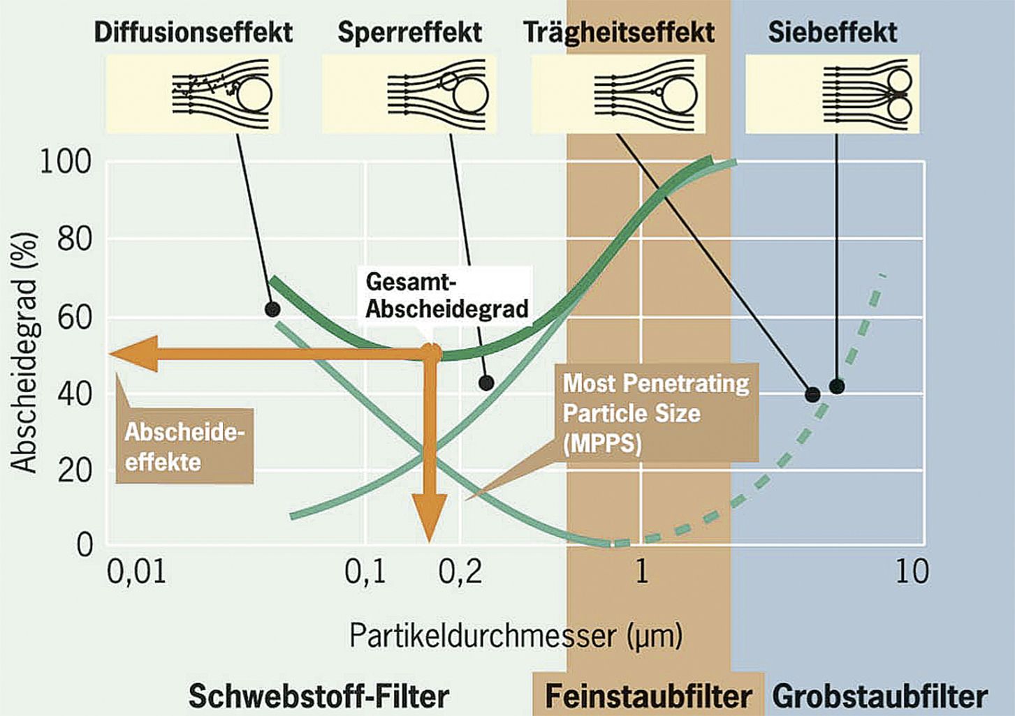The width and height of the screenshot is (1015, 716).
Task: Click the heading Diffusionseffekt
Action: tap(193, 33)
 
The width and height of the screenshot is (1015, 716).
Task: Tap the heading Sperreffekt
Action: tap(409, 33)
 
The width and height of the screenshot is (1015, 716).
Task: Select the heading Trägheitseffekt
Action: tap(619, 33)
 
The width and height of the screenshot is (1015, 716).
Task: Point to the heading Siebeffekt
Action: tap(833, 33)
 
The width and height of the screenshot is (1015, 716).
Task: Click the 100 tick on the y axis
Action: tap(66, 162)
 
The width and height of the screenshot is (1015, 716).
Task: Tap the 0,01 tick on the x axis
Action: tap(136, 572)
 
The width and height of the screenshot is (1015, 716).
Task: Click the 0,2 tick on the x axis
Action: tap(460, 572)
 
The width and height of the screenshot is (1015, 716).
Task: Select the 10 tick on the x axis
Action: tap(912, 572)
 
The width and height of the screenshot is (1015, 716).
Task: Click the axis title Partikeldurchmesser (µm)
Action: tap(516, 636)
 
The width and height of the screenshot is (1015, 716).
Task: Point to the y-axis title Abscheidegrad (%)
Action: tap(22, 353)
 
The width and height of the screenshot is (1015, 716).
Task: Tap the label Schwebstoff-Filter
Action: tap(319, 696)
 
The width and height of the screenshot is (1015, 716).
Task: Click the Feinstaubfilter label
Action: tap(648, 696)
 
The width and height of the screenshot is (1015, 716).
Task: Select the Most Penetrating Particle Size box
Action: tap(656, 412)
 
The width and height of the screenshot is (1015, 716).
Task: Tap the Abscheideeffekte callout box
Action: tap(184, 446)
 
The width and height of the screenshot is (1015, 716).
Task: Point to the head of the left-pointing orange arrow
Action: tap(110, 354)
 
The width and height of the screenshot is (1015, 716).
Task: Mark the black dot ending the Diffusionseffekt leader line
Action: tap(272, 310)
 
